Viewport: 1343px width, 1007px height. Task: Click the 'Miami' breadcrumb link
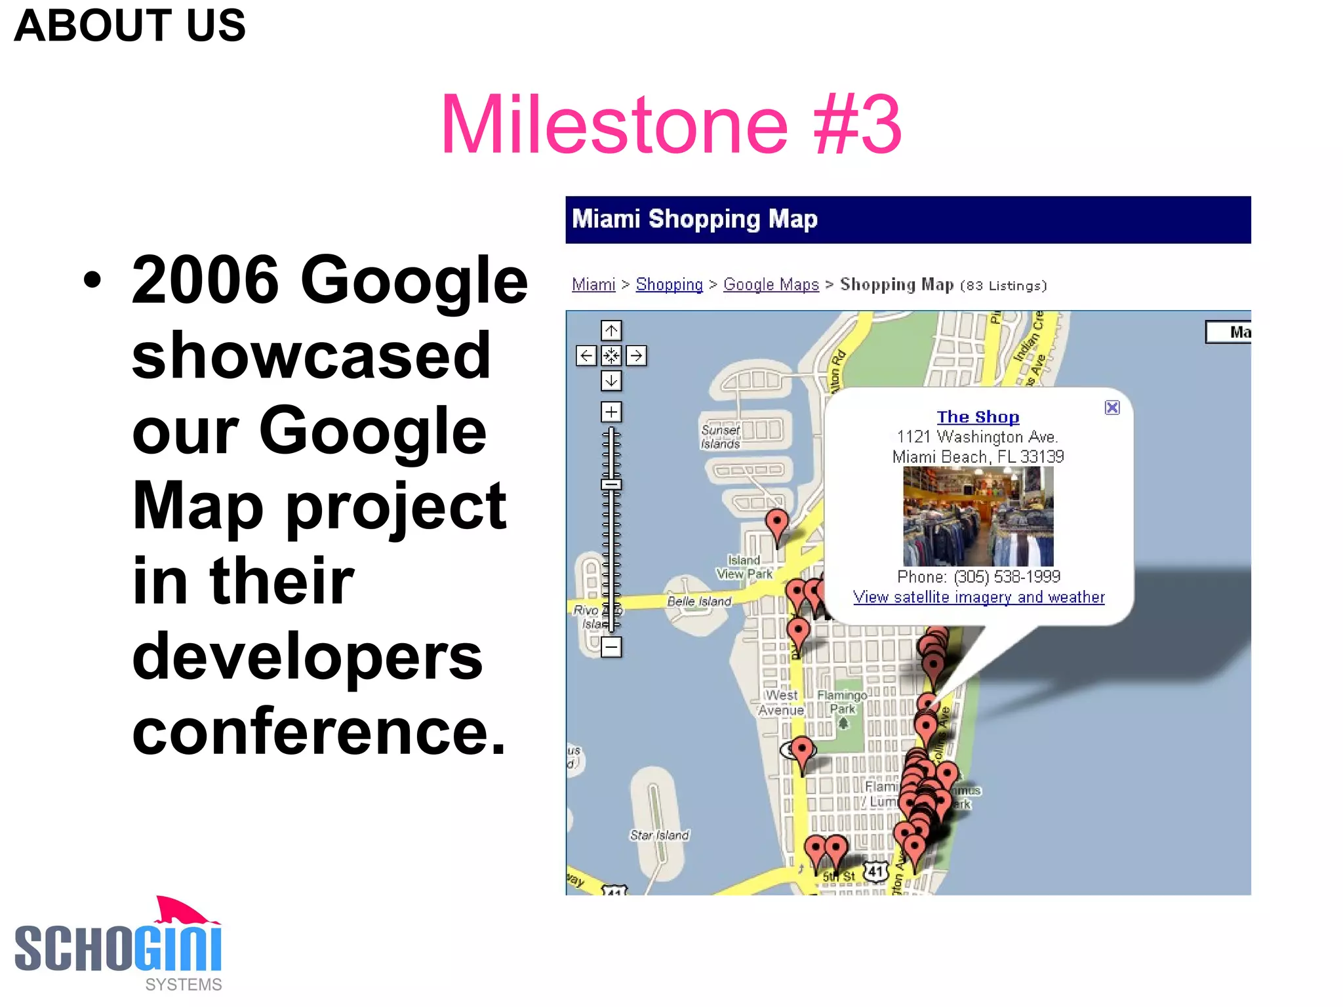point(593,285)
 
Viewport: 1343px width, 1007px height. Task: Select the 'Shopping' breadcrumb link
point(669,285)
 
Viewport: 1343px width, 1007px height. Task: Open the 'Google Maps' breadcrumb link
point(771,285)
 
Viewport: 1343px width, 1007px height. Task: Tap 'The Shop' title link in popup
point(977,417)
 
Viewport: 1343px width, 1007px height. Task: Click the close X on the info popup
point(1112,408)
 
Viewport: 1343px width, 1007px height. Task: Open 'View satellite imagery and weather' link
point(978,597)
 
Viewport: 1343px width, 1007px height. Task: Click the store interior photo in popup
point(978,517)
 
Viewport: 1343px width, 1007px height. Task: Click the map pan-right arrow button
point(636,355)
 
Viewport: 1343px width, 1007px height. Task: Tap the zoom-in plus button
point(611,412)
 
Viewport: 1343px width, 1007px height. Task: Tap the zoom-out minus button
point(611,648)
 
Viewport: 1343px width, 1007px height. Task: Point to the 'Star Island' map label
point(659,835)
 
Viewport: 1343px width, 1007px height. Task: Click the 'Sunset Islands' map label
point(720,437)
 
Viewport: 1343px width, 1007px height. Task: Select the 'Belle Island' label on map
point(698,601)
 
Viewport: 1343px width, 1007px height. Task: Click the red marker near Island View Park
point(777,524)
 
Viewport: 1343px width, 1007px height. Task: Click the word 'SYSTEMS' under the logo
point(183,985)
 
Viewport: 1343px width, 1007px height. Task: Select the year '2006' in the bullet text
point(205,280)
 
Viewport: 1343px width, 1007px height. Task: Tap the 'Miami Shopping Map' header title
point(694,219)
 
